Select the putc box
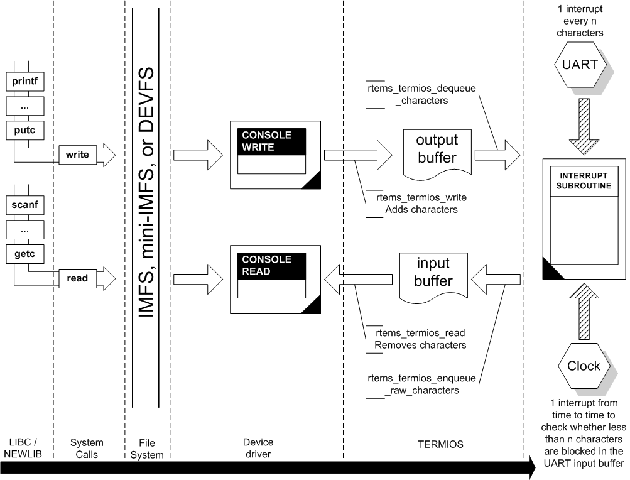[25, 129]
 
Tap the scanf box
[25, 204]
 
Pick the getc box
[25, 253]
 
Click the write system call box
[78, 154]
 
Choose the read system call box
[78, 277]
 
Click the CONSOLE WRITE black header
[271, 141]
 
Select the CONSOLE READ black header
[271, 265]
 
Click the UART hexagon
[584, 65]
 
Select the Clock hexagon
[584, 366]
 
